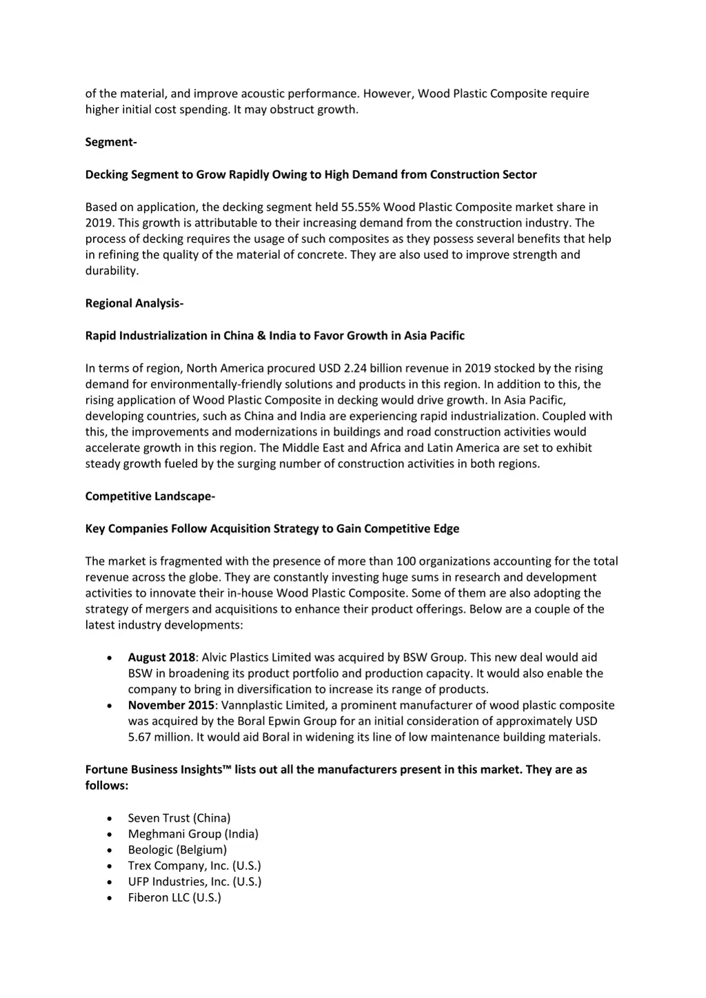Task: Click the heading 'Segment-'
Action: pyautogui.click(x=111, y=142)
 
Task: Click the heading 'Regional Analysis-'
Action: pyautogui.click(x=134, y=303)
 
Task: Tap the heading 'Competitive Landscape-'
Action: pyautogui.click(x=150, y=496)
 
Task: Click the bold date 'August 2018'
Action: pyautogui.click(x=161, y=658)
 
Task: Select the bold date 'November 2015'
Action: pyautogui.click(x=171, y=705)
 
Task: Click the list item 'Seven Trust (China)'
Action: pyautogui.click(x=179, y=818)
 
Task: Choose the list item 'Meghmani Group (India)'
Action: pyautogui.click(x=193, y=834)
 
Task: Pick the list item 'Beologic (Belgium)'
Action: pyautogui.click(x=177, y=850)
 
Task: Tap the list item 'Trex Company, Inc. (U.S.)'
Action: pyautogui.click(x=194, y=866)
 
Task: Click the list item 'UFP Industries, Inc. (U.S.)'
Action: pyautogui.click(x=194, y=882)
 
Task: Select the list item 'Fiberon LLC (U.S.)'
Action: pyautogui.click(x=174, y=897)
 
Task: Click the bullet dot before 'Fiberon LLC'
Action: pyautogui.click(x=110, y=898)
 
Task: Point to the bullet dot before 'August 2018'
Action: pyautogui.click(x=110, y=658)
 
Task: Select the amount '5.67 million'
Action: pyautogui.click(x=160, y=737)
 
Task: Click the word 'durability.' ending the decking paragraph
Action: pyautogui.click(x=112, y=271)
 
